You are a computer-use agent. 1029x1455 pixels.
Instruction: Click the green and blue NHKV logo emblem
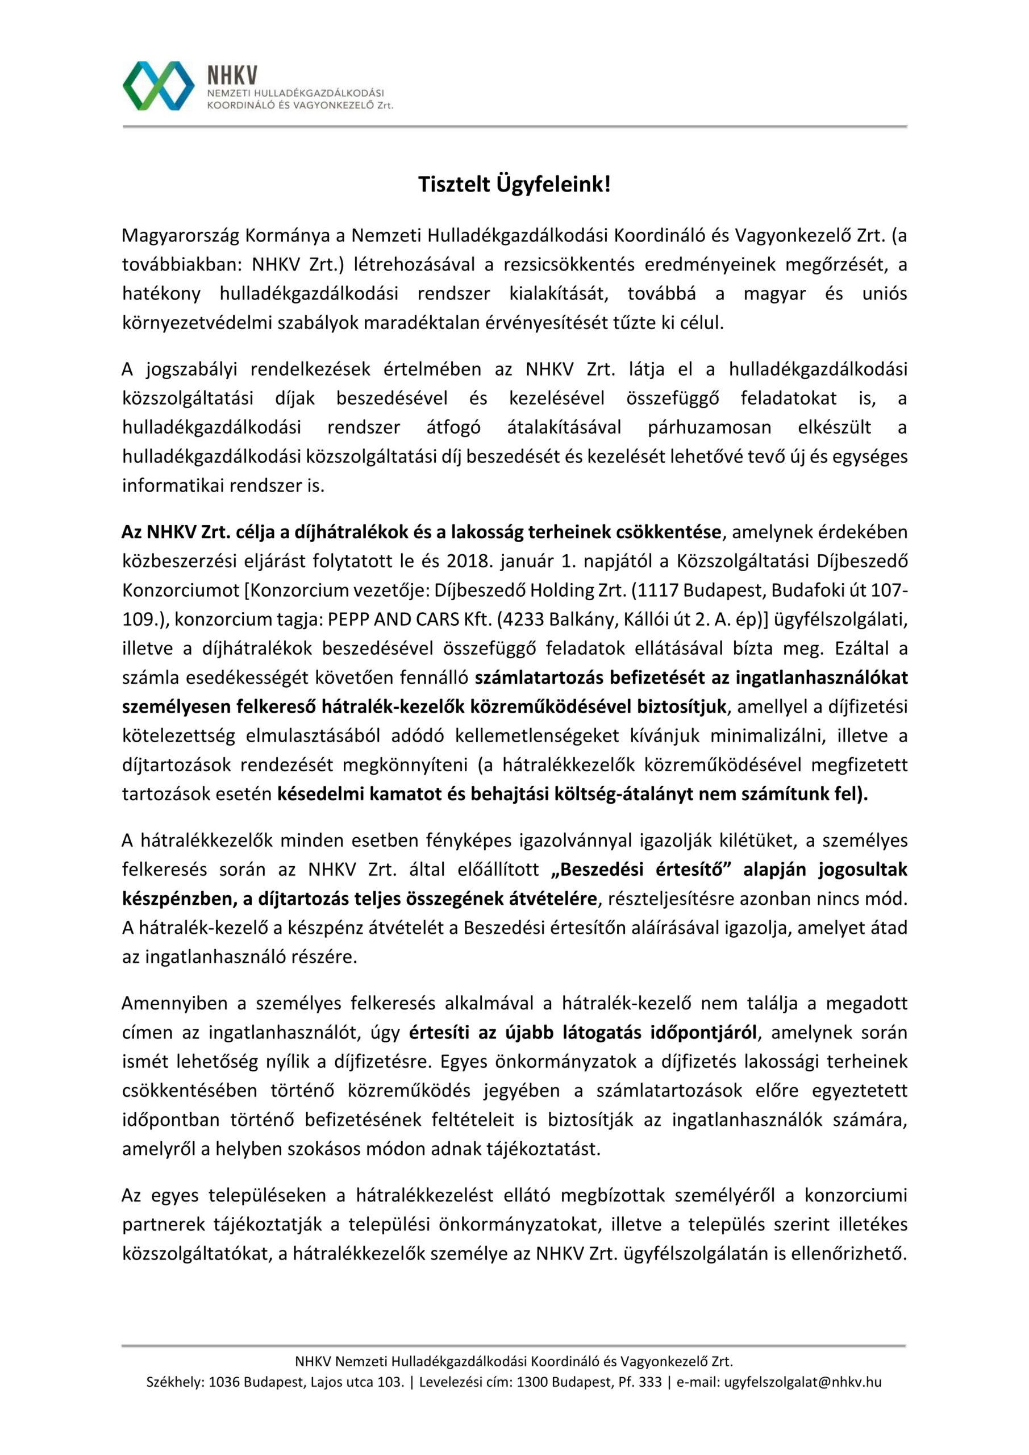[159, 86]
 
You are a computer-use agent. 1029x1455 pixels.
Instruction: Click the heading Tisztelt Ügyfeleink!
[515, 185]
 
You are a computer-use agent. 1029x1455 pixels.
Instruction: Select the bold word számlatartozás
[540, 677]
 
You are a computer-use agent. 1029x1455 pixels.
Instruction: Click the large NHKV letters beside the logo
[232, 76]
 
